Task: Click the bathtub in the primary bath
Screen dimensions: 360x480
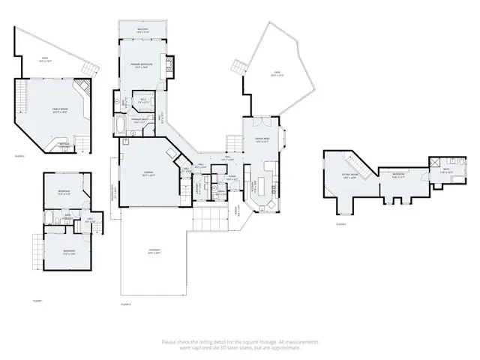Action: (122, 124)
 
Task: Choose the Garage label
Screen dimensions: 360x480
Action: (148, 174)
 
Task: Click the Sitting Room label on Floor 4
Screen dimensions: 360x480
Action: (349, 177)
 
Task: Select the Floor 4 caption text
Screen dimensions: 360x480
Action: (340, 223)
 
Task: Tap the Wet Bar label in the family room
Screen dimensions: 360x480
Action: (65, 143)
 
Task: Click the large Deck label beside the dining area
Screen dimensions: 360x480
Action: (277, 73)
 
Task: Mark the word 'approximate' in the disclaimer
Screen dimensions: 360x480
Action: (286, 347)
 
